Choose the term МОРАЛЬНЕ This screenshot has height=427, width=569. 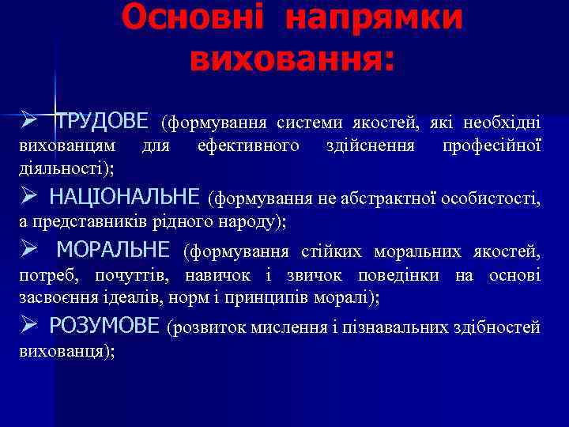click(114, 251)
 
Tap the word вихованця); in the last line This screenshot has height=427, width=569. click(66, 351)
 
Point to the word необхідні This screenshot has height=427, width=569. click(503, 123)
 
